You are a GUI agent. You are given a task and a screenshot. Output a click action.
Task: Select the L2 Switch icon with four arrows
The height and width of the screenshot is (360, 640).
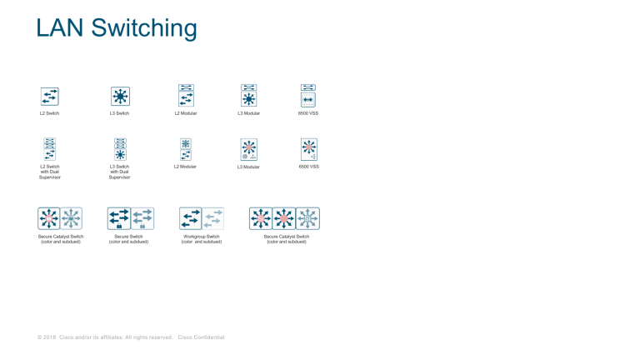[49, 96]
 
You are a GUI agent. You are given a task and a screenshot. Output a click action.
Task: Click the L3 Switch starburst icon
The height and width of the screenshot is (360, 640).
[120, 96]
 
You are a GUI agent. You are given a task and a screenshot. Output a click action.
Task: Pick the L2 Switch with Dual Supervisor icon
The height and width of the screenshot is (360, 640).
[49, 149]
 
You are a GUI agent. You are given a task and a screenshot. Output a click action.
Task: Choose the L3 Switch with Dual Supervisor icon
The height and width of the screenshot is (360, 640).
[120, 149]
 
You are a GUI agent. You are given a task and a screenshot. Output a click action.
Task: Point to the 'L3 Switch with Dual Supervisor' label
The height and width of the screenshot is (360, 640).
[120, 172]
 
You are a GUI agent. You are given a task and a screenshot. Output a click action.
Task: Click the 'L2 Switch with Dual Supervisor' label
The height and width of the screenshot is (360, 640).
[49, 172]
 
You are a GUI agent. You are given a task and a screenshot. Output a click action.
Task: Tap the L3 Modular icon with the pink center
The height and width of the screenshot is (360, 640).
[248, 149]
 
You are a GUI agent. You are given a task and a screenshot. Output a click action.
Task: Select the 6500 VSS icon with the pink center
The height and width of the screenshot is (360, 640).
[309, 149]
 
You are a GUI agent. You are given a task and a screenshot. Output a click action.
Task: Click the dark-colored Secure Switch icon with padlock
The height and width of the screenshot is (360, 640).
[119, 218]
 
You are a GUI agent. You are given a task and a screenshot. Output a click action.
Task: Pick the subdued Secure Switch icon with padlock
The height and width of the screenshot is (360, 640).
[142, 218]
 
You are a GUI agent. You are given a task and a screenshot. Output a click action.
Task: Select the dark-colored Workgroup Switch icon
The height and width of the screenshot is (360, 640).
[190, 218]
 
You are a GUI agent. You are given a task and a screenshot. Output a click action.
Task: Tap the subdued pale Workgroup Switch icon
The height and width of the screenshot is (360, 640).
[213, 218]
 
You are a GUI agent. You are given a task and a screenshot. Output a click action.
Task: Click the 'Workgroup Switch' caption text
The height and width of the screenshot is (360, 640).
[202, 237]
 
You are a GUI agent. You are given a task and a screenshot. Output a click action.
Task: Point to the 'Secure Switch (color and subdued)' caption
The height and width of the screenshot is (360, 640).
[131, 239]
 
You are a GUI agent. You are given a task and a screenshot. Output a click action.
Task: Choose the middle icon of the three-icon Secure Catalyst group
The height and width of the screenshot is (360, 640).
[284, 218]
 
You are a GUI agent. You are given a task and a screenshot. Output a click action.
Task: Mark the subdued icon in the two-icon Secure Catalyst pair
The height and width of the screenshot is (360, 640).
[72, 218]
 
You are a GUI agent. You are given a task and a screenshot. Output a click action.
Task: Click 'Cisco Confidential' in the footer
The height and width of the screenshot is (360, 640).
[201, 337]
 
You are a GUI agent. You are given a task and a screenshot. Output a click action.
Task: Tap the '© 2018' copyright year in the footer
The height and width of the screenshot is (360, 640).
[46, 337]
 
